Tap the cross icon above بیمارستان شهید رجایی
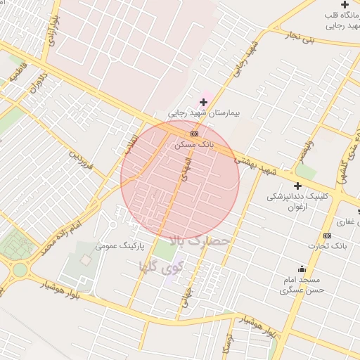(x=204, y=103)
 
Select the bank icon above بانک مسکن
(x=194, y=134)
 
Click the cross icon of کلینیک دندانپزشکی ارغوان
(x=297, y=186)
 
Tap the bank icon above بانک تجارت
(x=327, y=236)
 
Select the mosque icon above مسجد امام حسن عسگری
(x=302, y=269)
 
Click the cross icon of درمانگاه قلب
(x=345, y=5)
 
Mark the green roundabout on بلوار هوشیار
(x=19, y=269)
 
